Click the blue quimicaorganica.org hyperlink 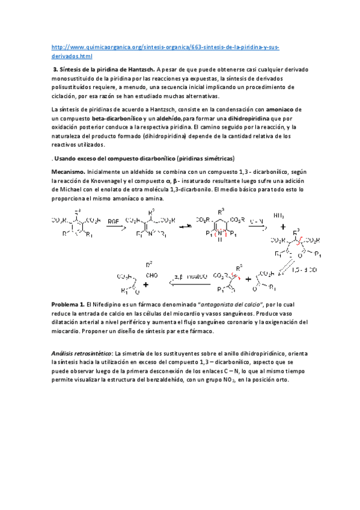pyautogui.click(x=165, y=47)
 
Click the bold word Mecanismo pyautogui.click(x=69, y=172)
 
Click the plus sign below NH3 pyautogui.click(x=283, y=227)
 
